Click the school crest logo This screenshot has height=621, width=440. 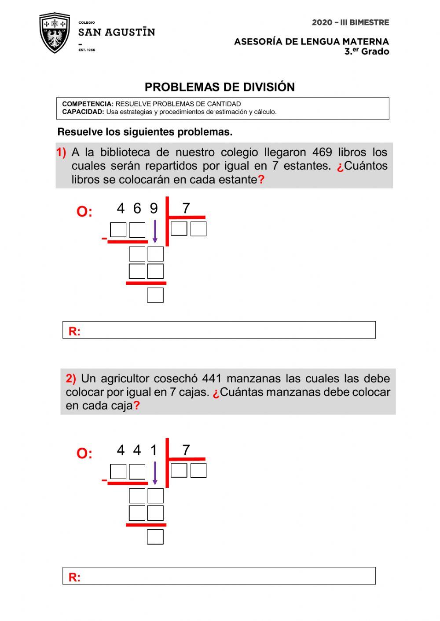[55, 33]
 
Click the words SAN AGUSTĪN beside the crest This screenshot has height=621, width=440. [116, 33]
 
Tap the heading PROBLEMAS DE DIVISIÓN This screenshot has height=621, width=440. [220, 87]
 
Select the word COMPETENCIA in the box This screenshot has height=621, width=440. [88, 104]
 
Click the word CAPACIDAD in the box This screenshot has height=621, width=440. [83, 112]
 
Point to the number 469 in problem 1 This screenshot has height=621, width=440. [322, 153]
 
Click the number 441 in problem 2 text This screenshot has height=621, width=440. [212, 378]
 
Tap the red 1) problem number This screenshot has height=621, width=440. [61, 153]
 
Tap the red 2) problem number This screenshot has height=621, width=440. [71, 378]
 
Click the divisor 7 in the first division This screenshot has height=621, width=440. [186, 208]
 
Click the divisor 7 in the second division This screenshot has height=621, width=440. [186, 450]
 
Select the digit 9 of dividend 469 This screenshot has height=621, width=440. [154, 208]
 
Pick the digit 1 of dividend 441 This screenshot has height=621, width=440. [154, 450]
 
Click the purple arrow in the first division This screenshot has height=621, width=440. [155, 231]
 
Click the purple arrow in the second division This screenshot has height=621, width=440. [155, 473]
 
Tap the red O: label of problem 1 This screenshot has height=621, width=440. [84, 212]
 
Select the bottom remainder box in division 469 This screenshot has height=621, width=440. [155, 295]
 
